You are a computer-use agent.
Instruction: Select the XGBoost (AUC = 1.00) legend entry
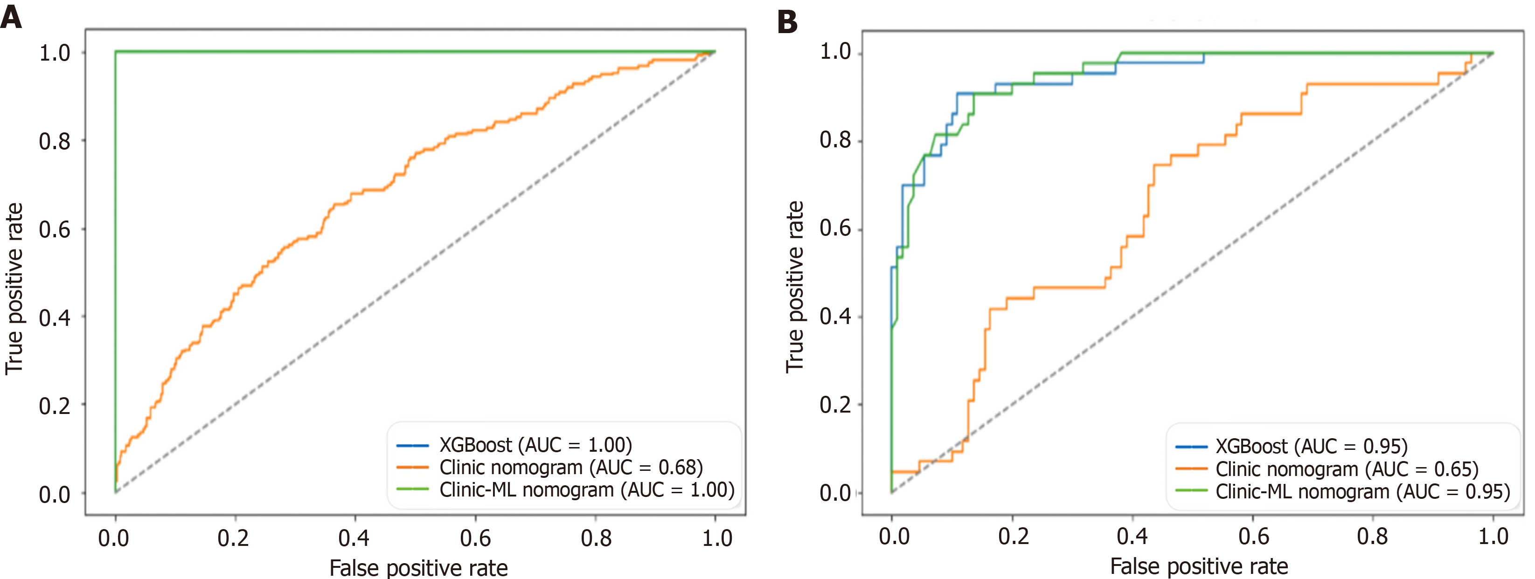(x=535, y=445)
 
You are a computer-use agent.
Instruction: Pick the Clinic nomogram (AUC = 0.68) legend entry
(x=571, y=468)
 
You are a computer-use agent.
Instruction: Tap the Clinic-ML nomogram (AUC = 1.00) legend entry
(x=586, y=489)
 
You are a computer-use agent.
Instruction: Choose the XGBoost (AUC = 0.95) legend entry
(x=1311, y=446)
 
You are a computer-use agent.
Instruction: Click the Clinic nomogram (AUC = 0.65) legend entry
(x=1347, y=469)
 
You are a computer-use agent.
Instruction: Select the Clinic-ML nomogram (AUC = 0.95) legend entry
(x=1362, y=492)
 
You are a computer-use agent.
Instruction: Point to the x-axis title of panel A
(x=418, y=568)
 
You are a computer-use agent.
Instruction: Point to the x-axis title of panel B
(x=1199, y=566)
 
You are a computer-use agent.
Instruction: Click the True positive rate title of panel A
(x=14, y=289)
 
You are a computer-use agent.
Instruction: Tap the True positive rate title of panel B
(x=795, y=287)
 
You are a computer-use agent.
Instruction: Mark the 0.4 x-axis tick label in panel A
(x=354, y=538)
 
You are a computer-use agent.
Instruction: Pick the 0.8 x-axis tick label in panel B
(x=1372, y=537)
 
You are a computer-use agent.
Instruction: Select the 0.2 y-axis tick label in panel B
(x=835, y=405)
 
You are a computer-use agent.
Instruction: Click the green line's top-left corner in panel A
(x=116, y=52)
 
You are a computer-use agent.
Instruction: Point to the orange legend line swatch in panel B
(x=1191, y=469)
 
